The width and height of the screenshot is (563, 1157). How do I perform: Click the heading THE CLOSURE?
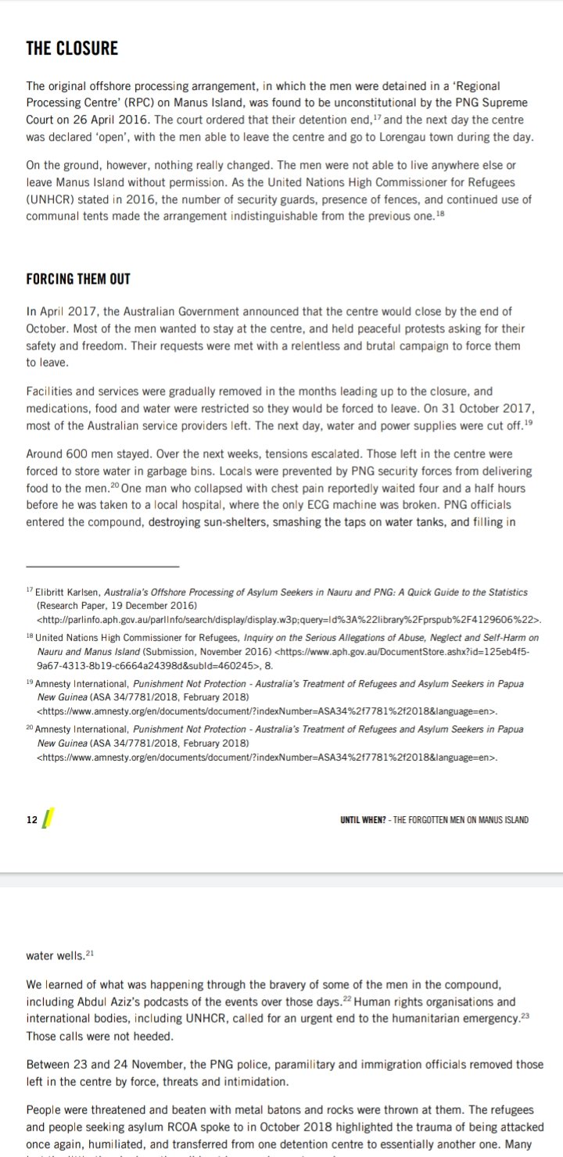pos(72,48)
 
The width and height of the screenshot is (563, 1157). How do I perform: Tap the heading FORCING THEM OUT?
pos(78,279)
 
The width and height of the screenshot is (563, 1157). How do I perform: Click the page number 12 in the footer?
pos(32,819)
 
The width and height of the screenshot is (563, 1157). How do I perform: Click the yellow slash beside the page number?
pos(48,818)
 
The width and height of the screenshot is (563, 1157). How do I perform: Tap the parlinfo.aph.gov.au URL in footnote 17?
pos(289,619)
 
